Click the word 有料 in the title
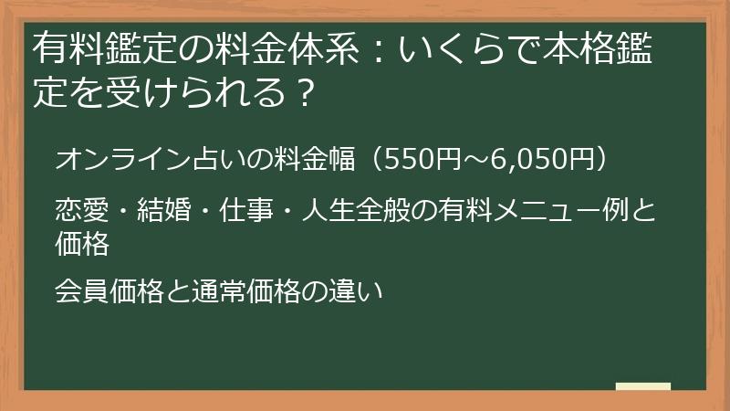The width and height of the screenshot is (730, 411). [68, 49]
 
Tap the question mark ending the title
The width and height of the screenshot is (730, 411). [304, 93]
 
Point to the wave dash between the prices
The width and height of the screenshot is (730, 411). [474, 160]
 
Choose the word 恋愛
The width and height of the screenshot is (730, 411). [81, 211]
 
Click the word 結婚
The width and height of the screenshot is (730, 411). [164, 211]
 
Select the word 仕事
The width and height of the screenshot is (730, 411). [246, 211]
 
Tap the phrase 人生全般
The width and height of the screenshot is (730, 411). [356, 211]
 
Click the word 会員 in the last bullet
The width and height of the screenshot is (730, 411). [81, 290]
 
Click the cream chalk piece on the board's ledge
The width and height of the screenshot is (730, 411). [643, 386]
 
